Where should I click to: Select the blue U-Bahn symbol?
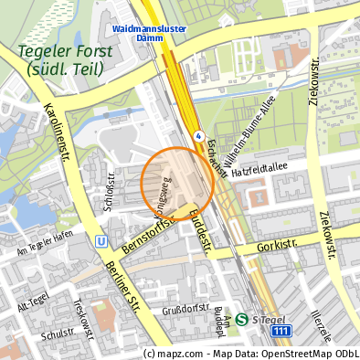click(100, 243)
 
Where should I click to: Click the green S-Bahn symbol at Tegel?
click(242, 320)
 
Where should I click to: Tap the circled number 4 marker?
click(198, 135)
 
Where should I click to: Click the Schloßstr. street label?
click(109, 190)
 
